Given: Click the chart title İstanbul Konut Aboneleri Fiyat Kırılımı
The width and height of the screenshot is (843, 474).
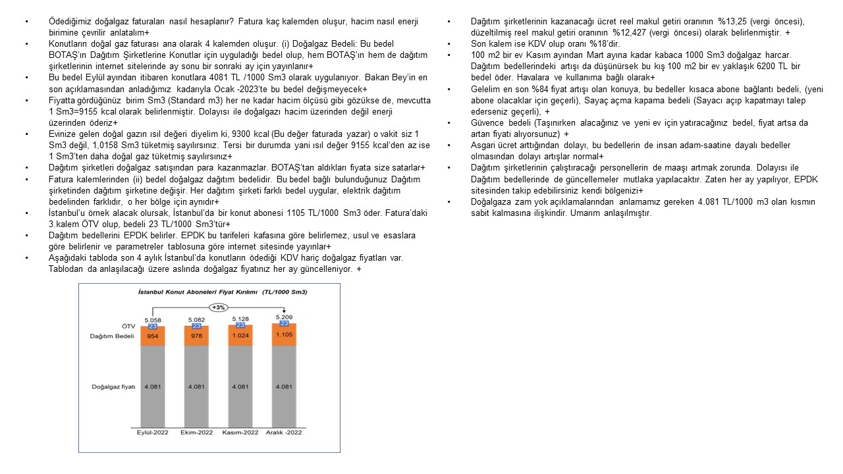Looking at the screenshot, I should pos(209,292).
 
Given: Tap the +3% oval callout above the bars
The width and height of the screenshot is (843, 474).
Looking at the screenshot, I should pos(219,307).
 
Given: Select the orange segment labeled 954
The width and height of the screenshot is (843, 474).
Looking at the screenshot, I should pos(153,336).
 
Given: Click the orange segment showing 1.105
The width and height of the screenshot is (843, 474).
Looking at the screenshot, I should pos(284,334).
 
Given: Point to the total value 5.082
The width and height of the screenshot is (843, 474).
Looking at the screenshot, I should pos(196,320).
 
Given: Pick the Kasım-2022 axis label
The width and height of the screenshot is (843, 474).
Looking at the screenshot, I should pos(240,432).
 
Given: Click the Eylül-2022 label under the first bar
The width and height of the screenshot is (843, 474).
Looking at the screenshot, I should pos(153,432).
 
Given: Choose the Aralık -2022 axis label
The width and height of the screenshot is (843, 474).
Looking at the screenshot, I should pos(284,432).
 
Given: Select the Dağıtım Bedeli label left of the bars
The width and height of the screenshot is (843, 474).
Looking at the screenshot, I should pos(108,336).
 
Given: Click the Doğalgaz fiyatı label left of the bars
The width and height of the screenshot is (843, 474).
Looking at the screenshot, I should pos(113,386).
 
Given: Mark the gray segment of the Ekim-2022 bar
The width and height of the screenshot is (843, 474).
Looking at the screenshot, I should pos(196,386).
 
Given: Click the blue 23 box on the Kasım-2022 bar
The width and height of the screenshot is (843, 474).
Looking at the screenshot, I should pos(240,325).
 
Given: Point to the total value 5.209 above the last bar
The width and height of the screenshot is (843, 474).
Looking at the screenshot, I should pos(284,317).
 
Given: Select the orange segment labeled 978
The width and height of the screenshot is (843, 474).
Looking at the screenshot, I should pos(196,336).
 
